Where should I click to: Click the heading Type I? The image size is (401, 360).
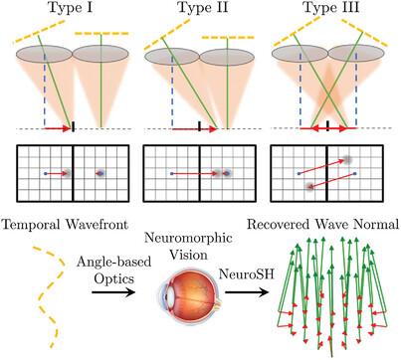71,8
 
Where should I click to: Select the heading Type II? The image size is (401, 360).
203,8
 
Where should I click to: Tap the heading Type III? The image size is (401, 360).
331,8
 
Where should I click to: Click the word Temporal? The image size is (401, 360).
32,225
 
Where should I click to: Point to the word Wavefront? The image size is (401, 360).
97,225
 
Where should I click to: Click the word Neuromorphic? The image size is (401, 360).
189,239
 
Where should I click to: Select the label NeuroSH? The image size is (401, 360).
247,274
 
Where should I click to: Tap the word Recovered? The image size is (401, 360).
280,225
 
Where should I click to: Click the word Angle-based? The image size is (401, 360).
113,263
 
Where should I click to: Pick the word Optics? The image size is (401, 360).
113,278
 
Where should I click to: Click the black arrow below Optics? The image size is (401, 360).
113,292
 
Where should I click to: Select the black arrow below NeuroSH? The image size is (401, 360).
246,292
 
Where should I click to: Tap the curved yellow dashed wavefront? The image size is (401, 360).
51,296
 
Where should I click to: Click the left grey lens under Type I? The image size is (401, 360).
44,54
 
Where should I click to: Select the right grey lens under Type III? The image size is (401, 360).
356,54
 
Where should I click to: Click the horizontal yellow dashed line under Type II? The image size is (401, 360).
228,38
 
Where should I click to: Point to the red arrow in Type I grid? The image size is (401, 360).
57,173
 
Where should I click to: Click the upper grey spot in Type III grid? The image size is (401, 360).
347,160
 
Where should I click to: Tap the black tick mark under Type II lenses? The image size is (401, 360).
199,126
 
